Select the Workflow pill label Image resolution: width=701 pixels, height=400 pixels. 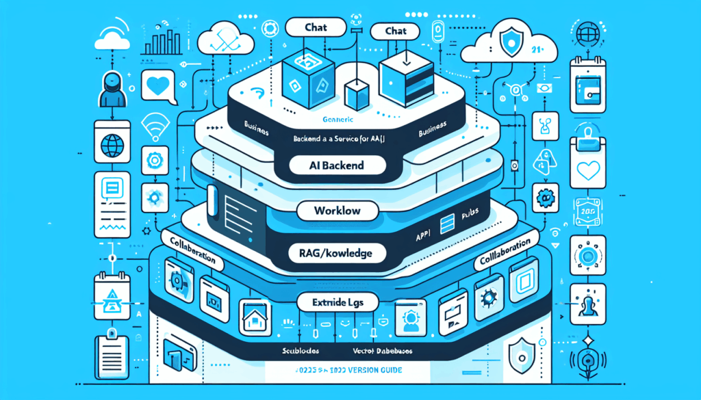(x=336, y=210)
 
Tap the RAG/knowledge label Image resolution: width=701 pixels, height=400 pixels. (x=337, y=254)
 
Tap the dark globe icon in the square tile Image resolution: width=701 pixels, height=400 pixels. (x=112, y=146)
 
